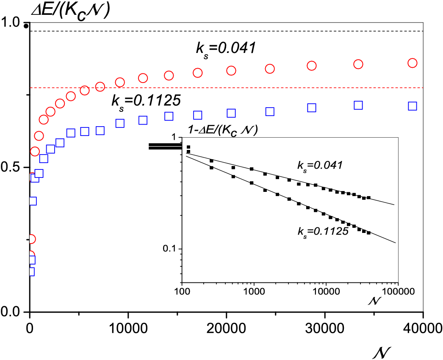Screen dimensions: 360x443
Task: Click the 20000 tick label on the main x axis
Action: (x=226, y=328)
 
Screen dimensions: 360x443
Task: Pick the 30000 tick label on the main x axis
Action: (x=325, y=328)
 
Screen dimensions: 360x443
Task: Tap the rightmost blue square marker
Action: (x=413, y=106)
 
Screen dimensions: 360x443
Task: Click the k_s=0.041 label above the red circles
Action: (x=225, y=49)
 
